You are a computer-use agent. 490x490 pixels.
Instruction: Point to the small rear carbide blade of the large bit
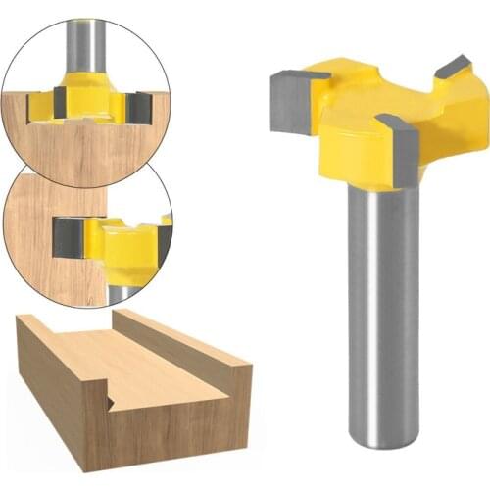click(453, 67)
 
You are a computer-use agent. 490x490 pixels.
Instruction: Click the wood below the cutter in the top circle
click(88, 152)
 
